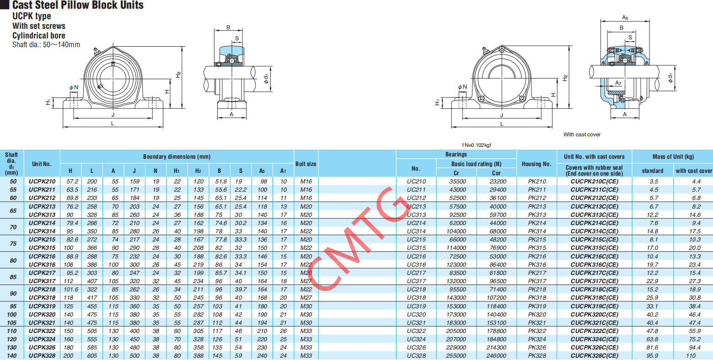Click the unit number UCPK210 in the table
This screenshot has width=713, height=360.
click(42, 182)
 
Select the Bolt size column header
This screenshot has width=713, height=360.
click(306, 164)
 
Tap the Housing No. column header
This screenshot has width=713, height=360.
click(536, 164)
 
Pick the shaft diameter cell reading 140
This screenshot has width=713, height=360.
click(11, 356)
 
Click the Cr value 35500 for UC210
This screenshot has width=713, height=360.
click(457, 182)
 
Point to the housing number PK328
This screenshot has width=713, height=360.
click(537, 356)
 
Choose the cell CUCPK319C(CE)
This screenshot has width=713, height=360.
click(594, 306)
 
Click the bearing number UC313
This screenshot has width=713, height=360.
click(416, 215)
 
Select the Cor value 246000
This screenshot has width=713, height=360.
click(496, 356)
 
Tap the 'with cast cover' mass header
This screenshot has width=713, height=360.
click(694, 171)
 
